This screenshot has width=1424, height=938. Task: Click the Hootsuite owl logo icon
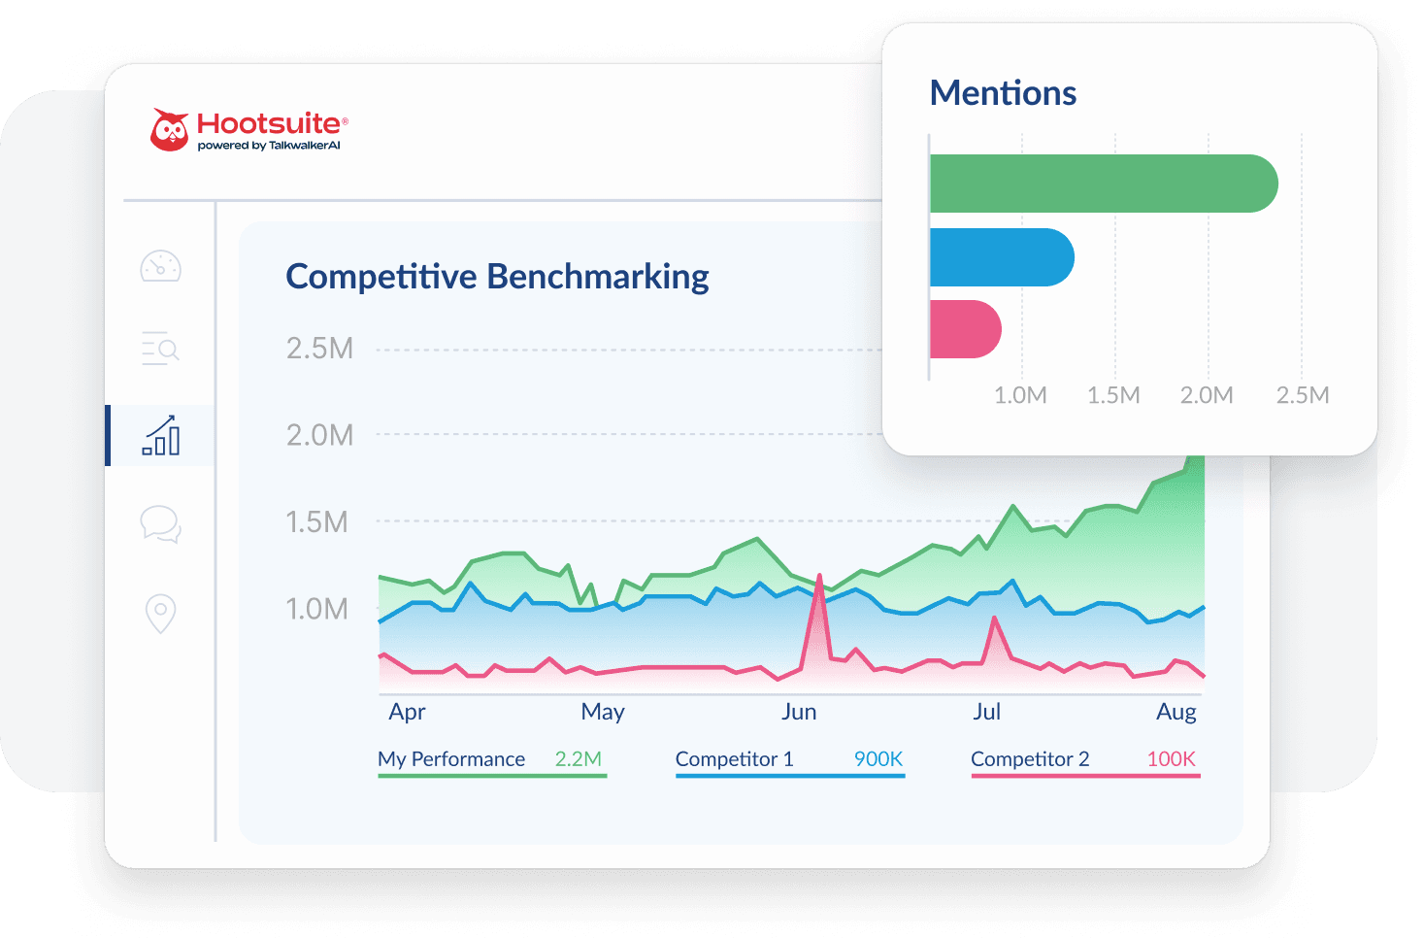[x=170, y=130]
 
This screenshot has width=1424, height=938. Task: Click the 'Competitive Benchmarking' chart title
[x=497, y=277]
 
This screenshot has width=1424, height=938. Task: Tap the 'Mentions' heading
[x=1003, y=93]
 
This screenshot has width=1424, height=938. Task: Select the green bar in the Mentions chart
[x=1103, y=184]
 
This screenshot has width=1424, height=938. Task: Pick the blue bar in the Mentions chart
[x=1001, y=257]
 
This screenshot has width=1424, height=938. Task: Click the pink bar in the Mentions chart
[x=965, y=329]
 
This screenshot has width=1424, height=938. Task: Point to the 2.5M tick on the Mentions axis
[x=1302, y=395]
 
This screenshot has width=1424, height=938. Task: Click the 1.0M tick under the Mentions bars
[x=1020, y=395]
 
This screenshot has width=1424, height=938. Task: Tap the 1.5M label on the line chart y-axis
[x=317, y=522]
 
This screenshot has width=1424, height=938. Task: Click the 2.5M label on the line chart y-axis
[x=319, y=349]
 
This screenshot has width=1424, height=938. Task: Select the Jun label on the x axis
[x=799, y=712]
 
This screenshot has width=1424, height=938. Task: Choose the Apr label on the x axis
[x=407, y=712]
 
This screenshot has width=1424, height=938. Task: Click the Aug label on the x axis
[x=1176, y=712]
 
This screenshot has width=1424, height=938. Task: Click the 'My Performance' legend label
[x=451, y=759]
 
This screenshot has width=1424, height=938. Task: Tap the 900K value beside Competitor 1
[x=878, y=759]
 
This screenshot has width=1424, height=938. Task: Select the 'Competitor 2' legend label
[x=1030, y=759]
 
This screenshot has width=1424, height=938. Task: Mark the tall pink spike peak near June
[x=820, y=578]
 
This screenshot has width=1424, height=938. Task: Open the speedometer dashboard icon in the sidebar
[x=161, y=266]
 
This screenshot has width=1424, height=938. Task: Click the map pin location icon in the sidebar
[x=161, y=613]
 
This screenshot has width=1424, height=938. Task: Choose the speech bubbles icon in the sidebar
[x=161, y=524]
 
